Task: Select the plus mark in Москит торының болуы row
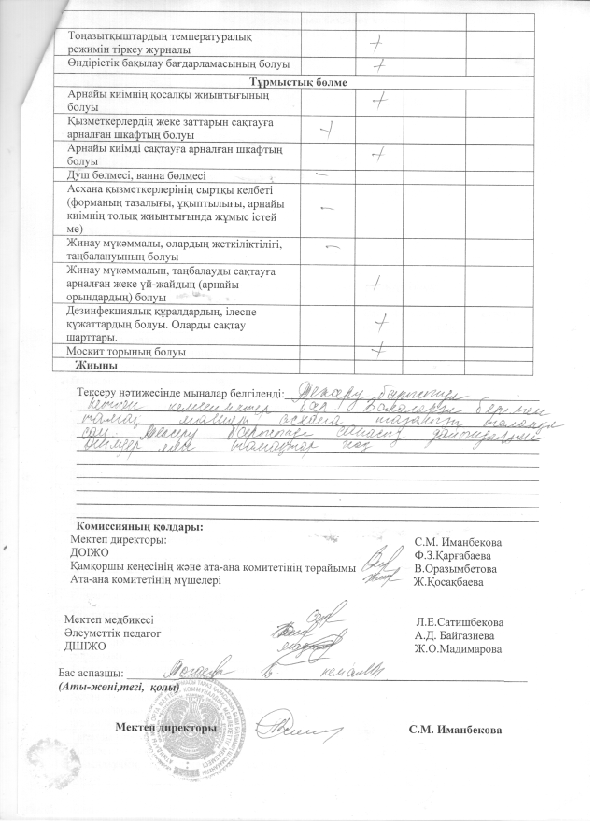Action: pos(377,350)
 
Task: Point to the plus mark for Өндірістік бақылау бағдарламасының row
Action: pos(378,64)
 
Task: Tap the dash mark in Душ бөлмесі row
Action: pos(321,174)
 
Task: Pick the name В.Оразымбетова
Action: pos(455,567)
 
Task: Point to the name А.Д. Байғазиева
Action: pos(455,634)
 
